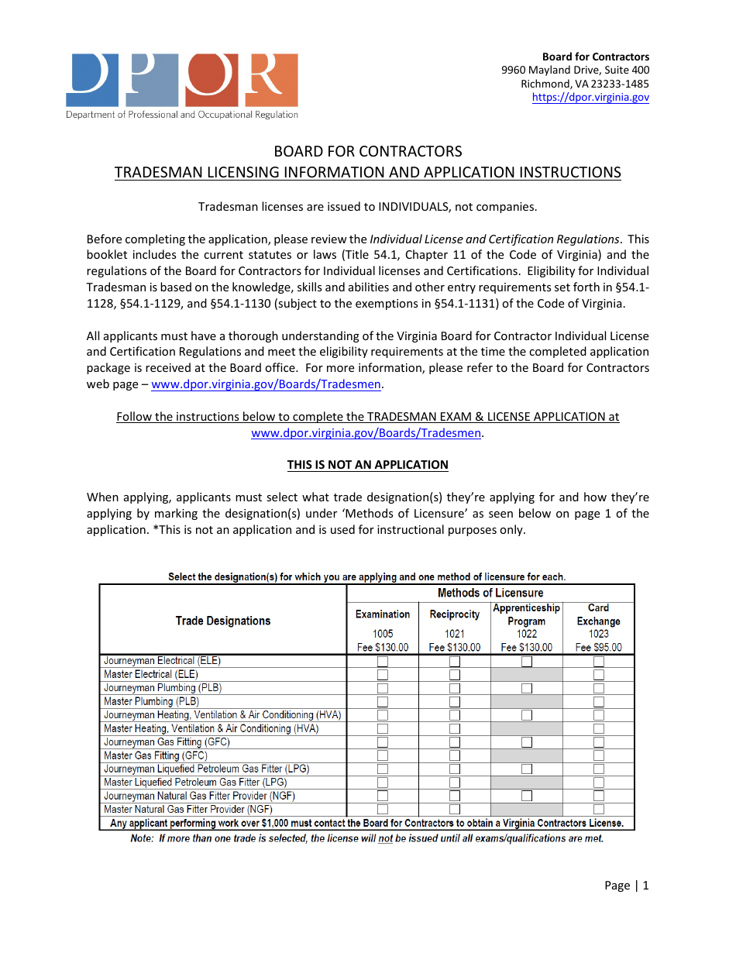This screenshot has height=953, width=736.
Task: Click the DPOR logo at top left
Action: coord(182,85)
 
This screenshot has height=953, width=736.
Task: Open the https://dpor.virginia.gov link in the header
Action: coord(590,98)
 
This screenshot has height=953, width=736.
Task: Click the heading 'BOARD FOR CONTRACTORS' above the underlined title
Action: coord(368,151)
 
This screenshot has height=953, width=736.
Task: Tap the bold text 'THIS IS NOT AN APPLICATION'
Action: coord(368,465)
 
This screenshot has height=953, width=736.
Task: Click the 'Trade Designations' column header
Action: coord(223,621)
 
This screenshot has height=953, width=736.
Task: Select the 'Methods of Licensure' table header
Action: coord(490,593)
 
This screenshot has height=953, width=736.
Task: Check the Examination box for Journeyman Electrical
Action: coord(383,662)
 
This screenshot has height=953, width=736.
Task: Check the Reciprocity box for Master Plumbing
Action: coord(455,702)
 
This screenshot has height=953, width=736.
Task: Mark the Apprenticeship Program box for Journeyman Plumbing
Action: coord(527,688)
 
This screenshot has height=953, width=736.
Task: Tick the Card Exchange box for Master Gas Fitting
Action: coord(599,755)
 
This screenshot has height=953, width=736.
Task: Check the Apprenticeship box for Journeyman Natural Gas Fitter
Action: coord(527,796)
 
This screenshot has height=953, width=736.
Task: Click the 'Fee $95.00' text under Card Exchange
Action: coord(599,648)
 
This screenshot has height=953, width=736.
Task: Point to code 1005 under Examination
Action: coord(383,634)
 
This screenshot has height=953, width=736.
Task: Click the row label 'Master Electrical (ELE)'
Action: coord(151,675)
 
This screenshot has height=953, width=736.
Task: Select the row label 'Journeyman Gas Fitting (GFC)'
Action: coord(167,742)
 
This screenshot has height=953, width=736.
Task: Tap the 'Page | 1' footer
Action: coord(626,886)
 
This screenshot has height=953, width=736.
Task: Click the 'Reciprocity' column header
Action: coord(455,614)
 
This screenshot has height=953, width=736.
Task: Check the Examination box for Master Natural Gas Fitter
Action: coord(383,810)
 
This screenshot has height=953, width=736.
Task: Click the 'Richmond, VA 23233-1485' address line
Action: coord(585,84)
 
